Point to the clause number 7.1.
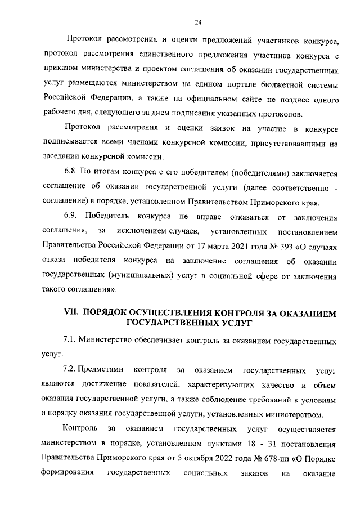click(x=69, y=341)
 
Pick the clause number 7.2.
click(x=69, y=370)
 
